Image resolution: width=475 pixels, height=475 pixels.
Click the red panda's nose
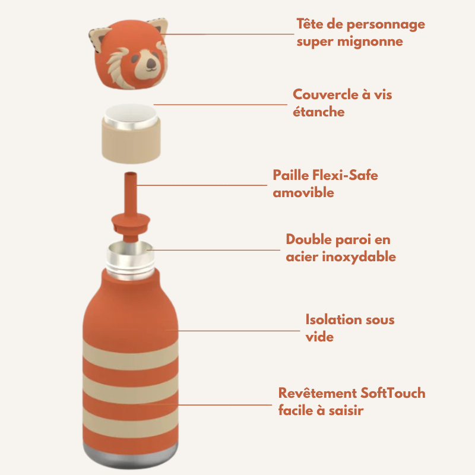151,63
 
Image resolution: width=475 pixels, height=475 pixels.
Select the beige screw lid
131,134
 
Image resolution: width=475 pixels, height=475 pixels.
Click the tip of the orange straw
131,174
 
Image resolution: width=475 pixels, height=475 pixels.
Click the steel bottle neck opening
130,248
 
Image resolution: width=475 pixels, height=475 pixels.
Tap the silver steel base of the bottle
131,456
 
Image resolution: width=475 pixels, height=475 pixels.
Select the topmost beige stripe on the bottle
131,354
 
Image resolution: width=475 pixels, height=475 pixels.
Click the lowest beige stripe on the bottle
131,423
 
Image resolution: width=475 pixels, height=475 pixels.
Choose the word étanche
319,112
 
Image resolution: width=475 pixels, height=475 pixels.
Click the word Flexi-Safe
345,175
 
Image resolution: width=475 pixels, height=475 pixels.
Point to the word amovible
303,192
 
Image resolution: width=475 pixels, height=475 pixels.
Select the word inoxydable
359,257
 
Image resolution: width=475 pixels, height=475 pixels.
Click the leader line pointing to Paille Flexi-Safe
202,185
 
